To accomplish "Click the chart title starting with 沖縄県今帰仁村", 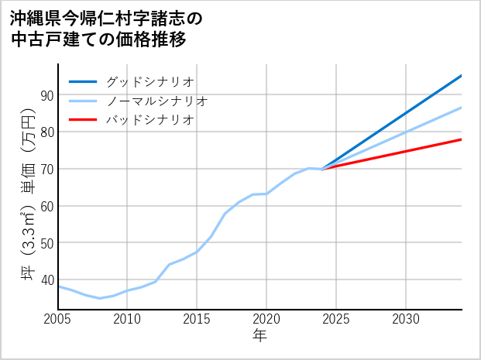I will point(105,29).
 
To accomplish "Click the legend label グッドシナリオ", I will point(149,81).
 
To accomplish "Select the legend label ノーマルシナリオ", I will point(156,101).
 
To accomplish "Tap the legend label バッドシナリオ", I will point(149,120).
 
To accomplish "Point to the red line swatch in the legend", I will point(83,120).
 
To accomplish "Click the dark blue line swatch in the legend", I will point(83,81).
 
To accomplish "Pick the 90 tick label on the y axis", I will point(47,95).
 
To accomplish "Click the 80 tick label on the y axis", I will point(47,132).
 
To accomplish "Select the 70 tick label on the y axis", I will point(47,170).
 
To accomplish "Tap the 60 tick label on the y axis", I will point(47,207).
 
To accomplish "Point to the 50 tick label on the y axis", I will point(47,244).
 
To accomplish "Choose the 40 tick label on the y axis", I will point(47,280).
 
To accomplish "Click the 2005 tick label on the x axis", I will point(58,319).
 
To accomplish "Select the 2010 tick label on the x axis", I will point(128,319).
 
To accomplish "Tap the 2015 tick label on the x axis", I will point(197,319).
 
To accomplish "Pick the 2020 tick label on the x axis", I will point(266,319).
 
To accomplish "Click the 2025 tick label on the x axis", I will point(336,319).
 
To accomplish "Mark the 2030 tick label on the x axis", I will point(406,319).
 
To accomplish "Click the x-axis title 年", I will point(259,337).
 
